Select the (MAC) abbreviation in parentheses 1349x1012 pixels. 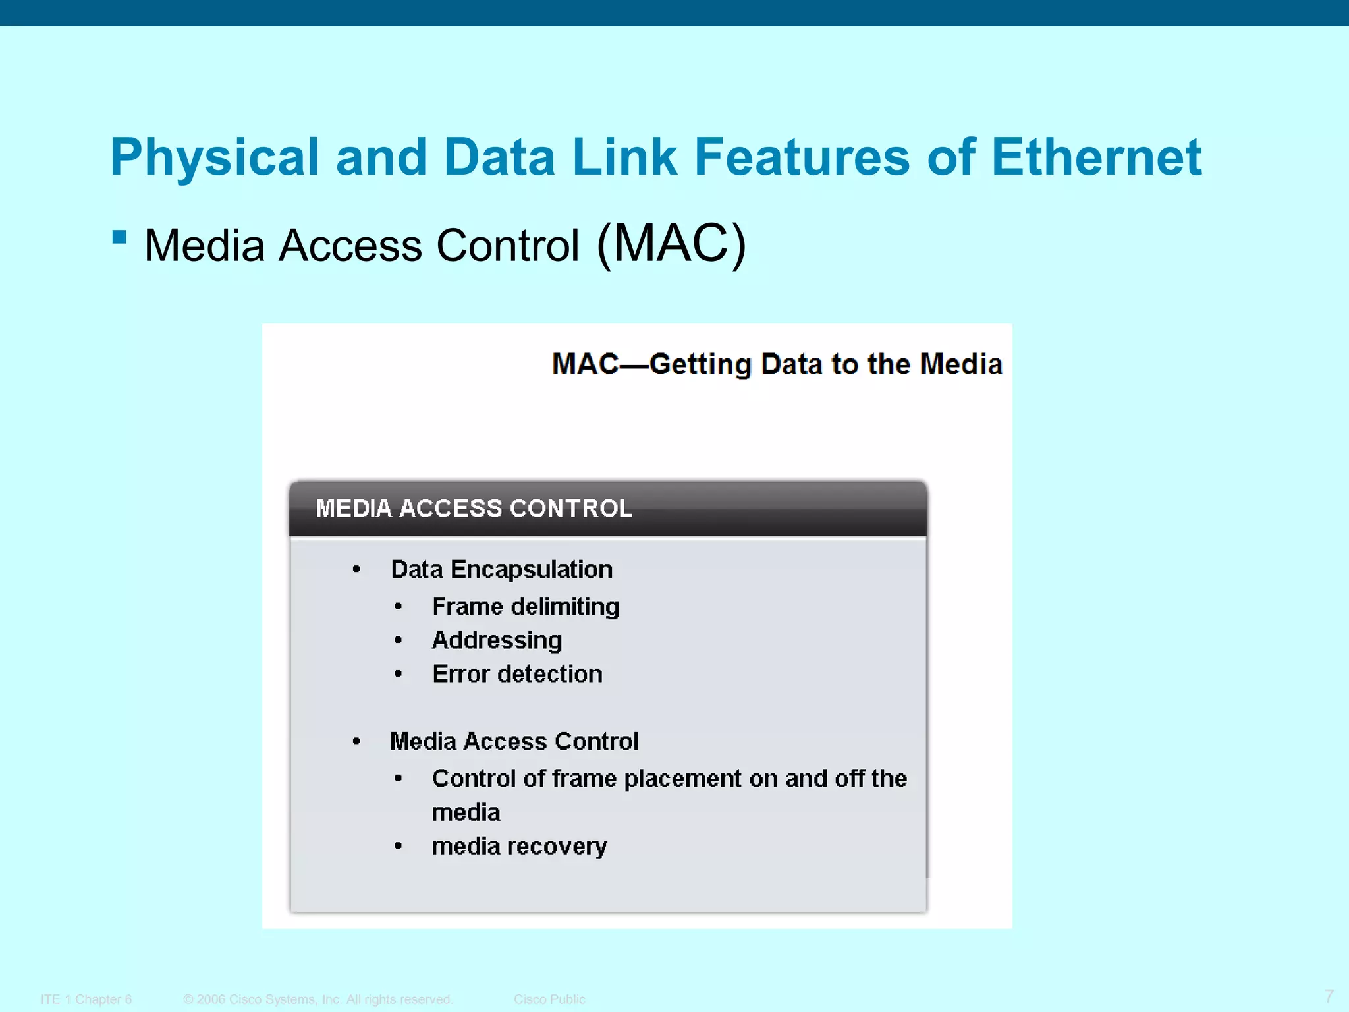coord(671,244)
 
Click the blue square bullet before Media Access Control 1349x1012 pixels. coord(119,237)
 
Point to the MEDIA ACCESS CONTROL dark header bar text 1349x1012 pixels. coord(474,509)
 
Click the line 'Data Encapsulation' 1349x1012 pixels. coord(501,569)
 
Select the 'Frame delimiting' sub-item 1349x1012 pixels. coord(526,606)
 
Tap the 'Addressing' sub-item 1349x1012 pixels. coord(497,640)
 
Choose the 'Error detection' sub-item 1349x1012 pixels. coord(517,674)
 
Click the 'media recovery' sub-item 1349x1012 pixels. coord(519,846)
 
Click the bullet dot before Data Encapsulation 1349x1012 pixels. coord(356,569)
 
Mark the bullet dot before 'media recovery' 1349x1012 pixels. coord(398,846)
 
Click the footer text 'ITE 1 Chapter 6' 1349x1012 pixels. coord(86,999)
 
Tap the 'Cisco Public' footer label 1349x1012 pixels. coord(549,999)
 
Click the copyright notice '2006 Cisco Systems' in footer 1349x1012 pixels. coord(318,999)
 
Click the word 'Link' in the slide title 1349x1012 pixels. coord(624,157)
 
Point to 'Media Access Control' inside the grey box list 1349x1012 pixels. coord(514,742)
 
